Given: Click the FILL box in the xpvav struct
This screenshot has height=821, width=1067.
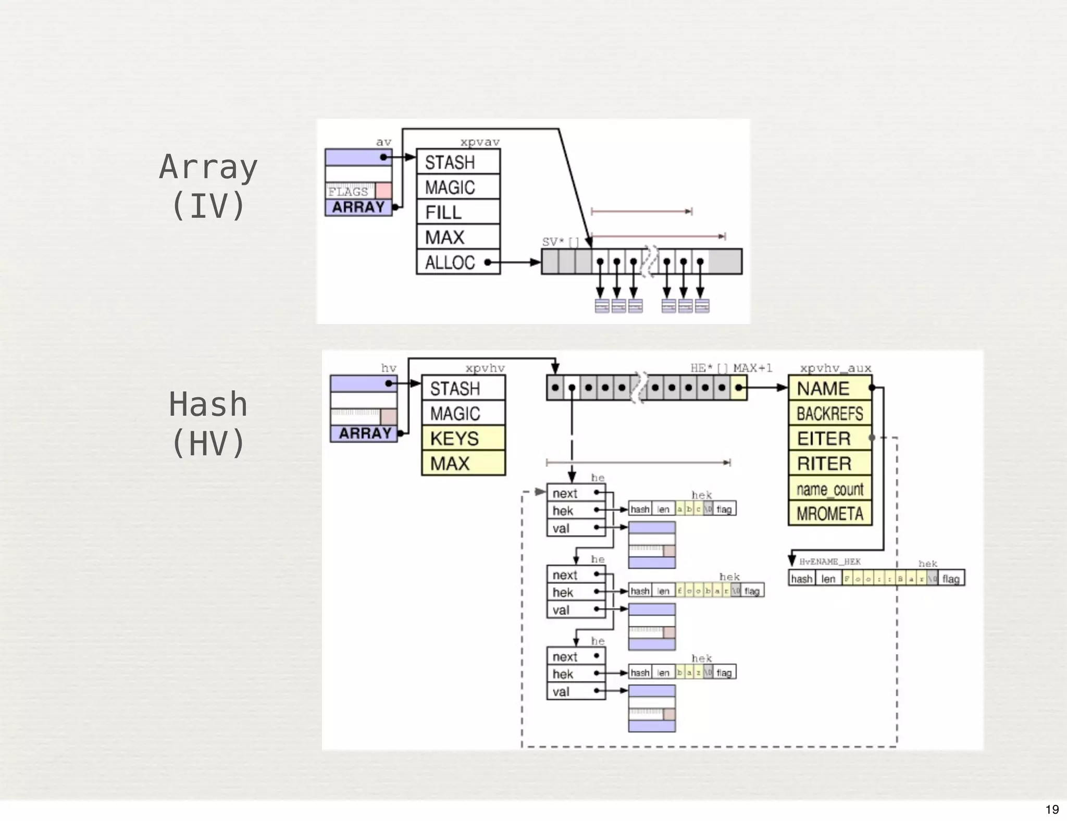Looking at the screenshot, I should (458, 212).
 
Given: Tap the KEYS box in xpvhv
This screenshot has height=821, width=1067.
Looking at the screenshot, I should (463, 439).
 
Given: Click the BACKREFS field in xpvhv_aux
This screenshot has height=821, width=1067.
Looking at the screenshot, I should (829, 414).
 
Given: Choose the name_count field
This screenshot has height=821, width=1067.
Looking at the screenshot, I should (829, 489).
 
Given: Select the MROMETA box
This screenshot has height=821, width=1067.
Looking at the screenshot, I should (829, 514).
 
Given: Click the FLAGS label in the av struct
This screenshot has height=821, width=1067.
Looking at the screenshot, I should (349, 191).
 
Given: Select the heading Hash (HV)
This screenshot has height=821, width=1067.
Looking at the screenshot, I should (208, 423).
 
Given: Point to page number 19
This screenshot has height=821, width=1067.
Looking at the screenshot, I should (1052, 809).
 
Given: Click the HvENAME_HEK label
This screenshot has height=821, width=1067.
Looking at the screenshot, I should (829, 562).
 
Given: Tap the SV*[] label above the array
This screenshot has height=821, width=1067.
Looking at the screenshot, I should (560, 242).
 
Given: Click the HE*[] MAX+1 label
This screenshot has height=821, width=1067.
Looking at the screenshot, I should (731, 368).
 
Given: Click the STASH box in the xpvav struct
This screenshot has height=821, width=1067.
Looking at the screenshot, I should (458, 162).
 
